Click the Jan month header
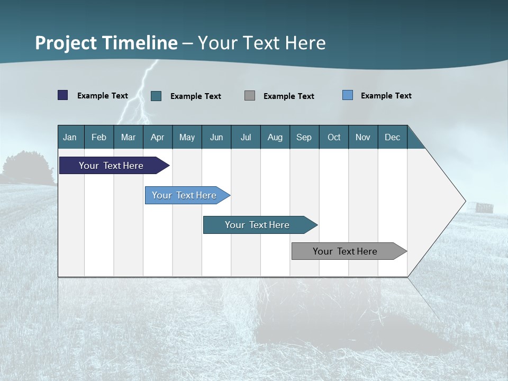tap(70, 137)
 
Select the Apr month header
tap(157, 137)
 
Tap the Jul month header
tap(246, 137)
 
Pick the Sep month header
tap(304, 137)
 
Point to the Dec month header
tap(392, 137)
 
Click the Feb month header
tap(99, 137)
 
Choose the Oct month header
tap(334, 137)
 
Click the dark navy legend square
tap(63, 95)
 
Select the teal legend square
tap(156, 96)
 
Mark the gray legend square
tap(250, 96)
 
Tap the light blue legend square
tap(348, 95)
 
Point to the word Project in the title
tap(66, 43)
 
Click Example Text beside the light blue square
tap(386, 96)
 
